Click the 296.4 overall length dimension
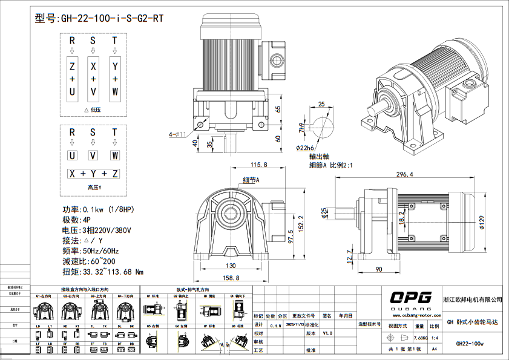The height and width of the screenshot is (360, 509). [x=404, y=174]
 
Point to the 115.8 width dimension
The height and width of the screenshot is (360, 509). [x=258, y=164]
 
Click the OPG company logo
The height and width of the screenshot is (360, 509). [x=410, y=297]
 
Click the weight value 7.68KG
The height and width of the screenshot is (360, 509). [x=421, y=337]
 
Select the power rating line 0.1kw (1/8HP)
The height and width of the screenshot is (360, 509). [x=99, y=209]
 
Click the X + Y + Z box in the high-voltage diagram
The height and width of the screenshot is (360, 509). [x=93, y=174]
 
